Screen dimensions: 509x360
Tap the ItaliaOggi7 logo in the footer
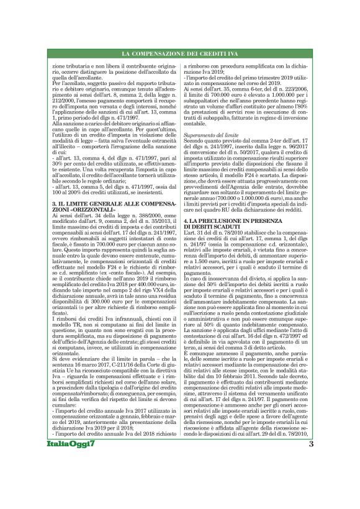click(70, 479)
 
